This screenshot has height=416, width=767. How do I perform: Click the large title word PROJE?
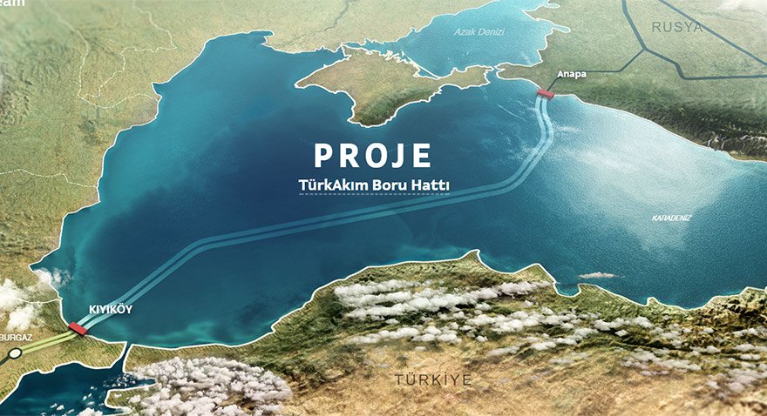(x=373, y=155)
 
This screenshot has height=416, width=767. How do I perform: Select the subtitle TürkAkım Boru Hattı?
(x=373, y=185)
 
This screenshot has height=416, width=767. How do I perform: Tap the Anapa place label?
(x=572, y=74)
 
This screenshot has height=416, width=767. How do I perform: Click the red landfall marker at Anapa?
(x=546, y=93)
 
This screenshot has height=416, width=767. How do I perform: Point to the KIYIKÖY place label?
(x=109, y=309)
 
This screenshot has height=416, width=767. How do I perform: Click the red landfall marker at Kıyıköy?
(x=78, y=328)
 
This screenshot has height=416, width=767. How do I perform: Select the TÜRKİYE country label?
(x=433, y=380)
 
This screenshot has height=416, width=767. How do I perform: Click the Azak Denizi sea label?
(x=479, y=32)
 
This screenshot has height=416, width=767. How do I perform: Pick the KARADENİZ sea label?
(x=671, y=218)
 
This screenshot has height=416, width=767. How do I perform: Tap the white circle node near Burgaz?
(x=15, y=354)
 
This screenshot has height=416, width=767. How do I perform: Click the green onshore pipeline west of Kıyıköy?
(x=44, y=341)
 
